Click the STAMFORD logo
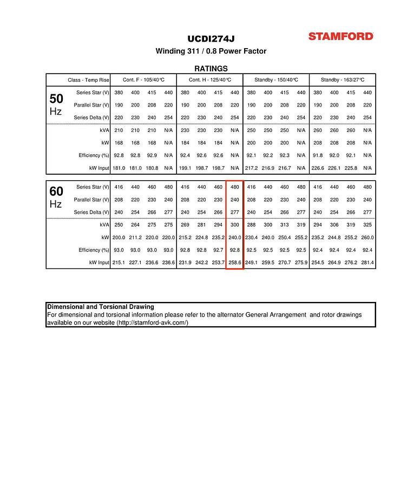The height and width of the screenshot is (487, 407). coord(341,36)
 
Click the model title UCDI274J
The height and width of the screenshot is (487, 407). coord(211,38)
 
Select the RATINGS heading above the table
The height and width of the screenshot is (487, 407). coord(211,69)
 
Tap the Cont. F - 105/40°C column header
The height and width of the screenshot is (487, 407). coord(143,80)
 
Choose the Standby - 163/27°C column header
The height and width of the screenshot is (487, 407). coord(343,80)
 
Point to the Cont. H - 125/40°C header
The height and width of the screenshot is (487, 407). coord(209,80)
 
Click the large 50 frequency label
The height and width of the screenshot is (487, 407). coord(56,99)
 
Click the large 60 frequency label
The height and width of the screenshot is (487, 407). coord(56,191)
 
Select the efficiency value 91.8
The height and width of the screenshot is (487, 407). coord(318,155)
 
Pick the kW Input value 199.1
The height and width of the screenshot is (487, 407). coord(185,168)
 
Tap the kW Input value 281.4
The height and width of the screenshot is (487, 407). coord(367,262)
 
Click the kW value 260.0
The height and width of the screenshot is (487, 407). coord(367,238)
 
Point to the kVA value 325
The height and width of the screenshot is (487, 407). coord(367,225)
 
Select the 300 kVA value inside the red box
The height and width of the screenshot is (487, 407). coord(235,225)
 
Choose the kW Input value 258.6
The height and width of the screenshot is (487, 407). coord(235,262)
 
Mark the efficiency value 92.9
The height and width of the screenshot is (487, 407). coord(152,155)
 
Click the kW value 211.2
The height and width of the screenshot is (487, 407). coord(135,238)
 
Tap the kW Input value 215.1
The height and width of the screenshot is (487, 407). coord(119,262)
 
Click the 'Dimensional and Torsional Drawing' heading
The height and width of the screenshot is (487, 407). coord(101,307)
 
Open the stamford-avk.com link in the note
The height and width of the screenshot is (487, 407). coord(153,323)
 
